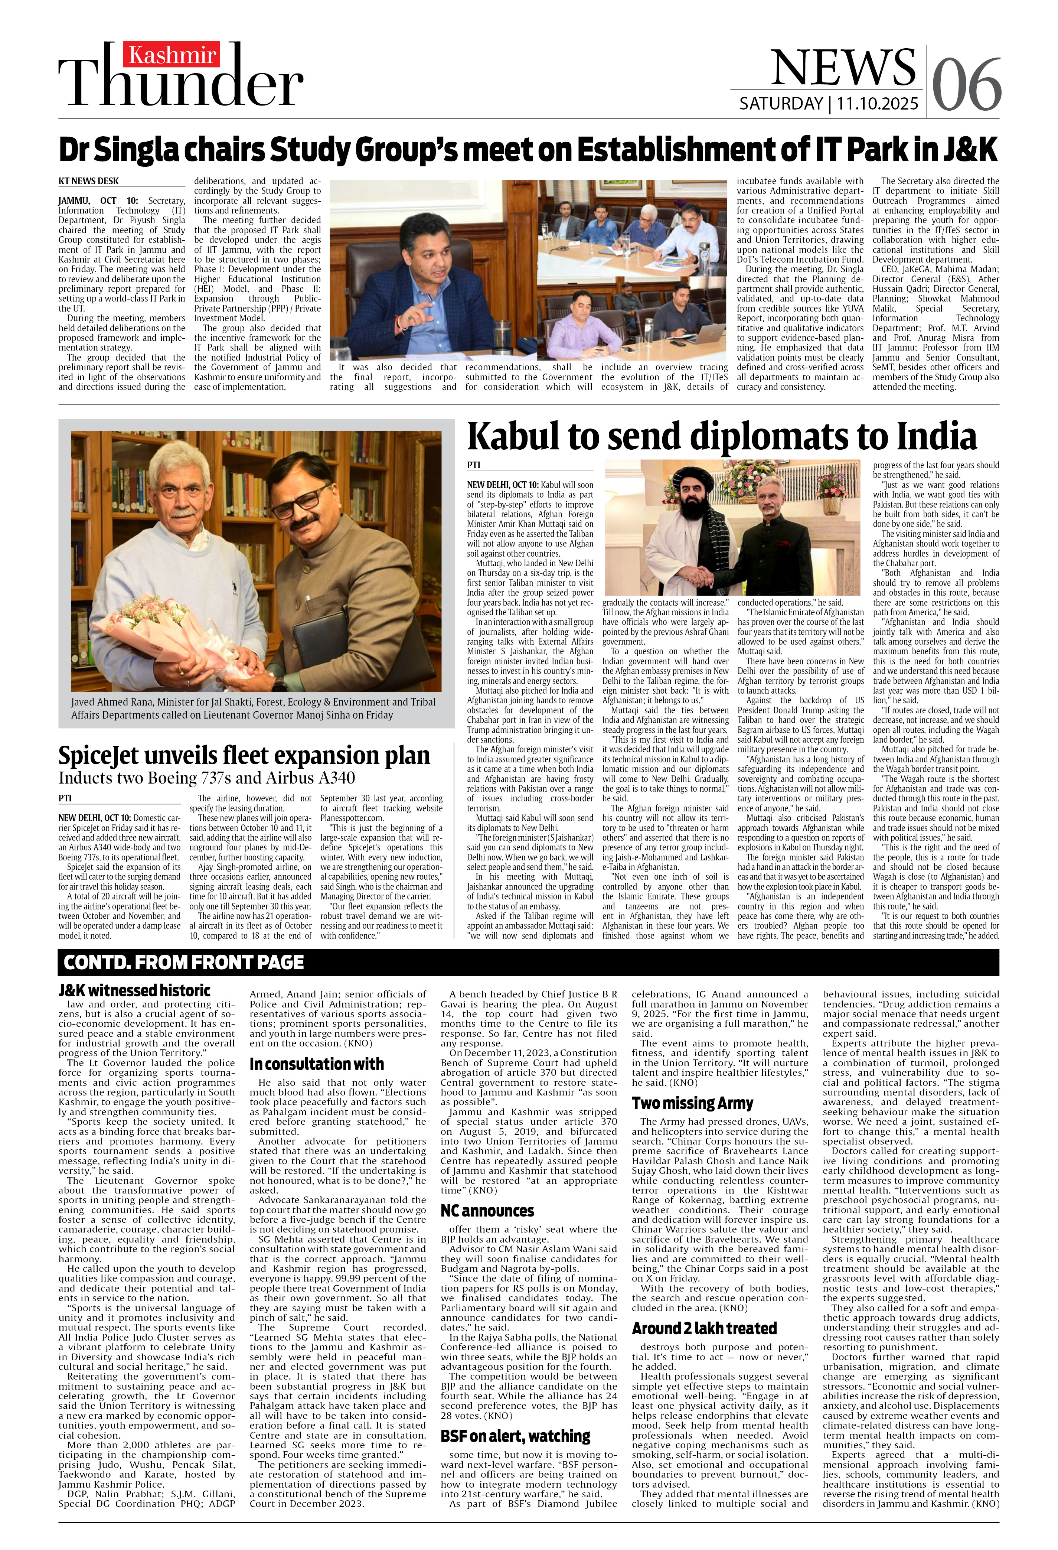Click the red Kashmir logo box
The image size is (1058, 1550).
(x=172, y=55)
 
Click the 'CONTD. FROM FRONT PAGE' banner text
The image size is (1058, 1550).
(x=184, y=963)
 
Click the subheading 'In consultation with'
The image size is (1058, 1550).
(x=317, y=1064)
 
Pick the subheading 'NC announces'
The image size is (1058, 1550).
(x=487, y=1211)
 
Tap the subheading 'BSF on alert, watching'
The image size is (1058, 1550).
(x=515, y=1436)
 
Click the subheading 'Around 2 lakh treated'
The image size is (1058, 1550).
(x=704, y=1329)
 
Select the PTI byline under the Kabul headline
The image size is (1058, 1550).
(x=473, y=465)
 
